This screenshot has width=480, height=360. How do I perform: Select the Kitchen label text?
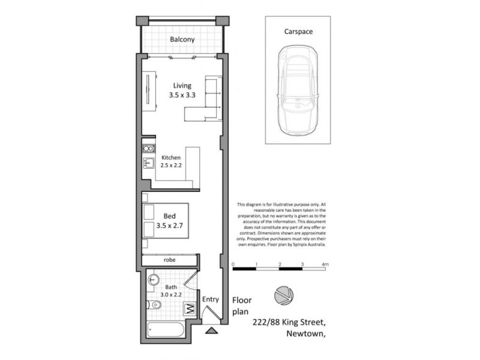(170, 157)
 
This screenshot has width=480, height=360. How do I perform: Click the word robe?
(170, 260)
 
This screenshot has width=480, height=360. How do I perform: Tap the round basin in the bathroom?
(154, 279)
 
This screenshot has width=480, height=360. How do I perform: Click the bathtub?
(167, 329)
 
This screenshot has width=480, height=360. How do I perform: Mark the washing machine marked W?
(190, 310)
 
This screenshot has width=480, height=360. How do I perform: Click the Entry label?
(211, 299)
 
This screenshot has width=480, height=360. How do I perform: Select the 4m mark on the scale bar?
(325, 264)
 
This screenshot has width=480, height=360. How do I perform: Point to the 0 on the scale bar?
(233, 264)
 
